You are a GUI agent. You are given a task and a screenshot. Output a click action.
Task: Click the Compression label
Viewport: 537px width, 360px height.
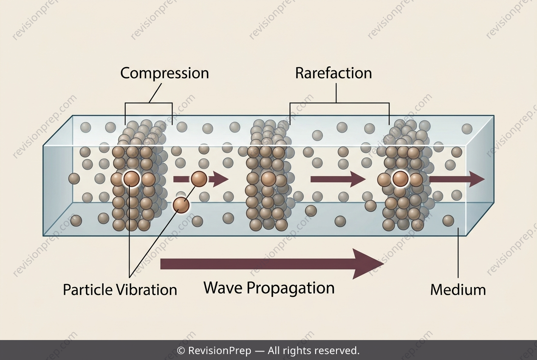(x=164, y=73)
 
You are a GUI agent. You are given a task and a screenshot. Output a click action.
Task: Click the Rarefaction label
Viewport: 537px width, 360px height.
(x=334, y=73)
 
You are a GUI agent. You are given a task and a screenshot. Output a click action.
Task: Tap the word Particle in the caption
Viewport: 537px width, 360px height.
(x=88, y=290)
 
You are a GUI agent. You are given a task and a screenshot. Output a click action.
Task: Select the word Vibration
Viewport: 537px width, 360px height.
(x=147, y=290)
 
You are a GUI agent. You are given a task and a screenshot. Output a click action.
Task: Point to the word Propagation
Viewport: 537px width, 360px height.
(x=291, y=288)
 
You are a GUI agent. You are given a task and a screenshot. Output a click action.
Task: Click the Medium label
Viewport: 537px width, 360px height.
(x=458, y=290)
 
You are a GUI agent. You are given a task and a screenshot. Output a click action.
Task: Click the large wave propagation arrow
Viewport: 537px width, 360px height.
(x=272, y=264)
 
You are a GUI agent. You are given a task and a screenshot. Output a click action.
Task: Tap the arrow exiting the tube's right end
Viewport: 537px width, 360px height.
(x=457, y=179)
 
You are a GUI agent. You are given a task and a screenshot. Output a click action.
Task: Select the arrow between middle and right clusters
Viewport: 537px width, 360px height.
(x=338, y=179)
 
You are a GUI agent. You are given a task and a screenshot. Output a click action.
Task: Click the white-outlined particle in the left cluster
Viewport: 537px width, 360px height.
(x=131, y=179)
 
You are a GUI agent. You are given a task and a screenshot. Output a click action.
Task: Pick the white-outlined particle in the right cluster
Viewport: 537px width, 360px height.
(x=400, y=179)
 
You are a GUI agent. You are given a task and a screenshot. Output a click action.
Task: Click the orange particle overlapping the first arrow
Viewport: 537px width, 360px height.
(x=199, y=179)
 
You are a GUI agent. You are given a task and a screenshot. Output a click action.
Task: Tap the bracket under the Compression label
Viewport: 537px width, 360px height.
(x=149, y=103)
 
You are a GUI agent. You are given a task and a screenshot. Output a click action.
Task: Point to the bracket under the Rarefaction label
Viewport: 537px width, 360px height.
(x=339, y=103)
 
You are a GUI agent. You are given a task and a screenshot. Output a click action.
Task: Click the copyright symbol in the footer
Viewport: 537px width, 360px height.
(x=181, y=351)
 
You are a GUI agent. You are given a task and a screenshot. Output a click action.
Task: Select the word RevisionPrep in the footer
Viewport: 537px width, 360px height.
(x=220, y=351)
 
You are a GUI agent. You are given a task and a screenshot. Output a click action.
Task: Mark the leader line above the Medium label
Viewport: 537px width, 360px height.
(x=458, y=253)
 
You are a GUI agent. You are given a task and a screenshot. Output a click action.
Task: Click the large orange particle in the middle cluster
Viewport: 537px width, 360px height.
(x=268, y=179)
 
